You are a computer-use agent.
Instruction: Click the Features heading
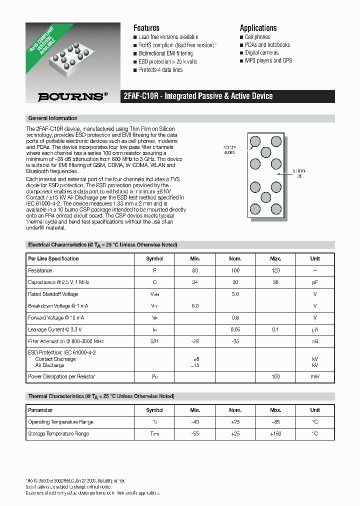(x=146, y=28)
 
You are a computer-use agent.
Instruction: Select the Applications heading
(x=258, y=28)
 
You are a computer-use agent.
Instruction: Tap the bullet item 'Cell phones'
(x=257, y=37)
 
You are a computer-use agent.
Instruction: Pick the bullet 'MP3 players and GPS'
(x=268, y=60)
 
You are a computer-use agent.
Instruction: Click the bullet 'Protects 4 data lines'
(x=160, y=70)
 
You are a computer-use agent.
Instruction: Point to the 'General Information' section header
(x=53, y=118)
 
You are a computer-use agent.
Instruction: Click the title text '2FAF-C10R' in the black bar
(x=141, y=96)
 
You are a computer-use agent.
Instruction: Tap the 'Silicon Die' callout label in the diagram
(x=299, y=173)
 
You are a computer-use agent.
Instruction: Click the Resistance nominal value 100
(x=235, y=270)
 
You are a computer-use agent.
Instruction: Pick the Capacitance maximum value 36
(x=275, y=282)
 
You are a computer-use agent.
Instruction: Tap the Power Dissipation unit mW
(x=315, y=376)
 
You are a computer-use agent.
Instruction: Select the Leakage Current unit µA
(x=315, y=329)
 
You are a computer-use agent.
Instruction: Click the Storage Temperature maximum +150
(x=275, y=433)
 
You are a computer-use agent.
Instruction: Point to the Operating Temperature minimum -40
(x=195, y=422)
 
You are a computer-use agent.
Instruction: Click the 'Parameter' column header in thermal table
(x=40, y=410)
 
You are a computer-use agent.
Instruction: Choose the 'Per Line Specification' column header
(x=53, y=258)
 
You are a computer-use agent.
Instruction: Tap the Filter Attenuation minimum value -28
(x=195, y=341)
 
